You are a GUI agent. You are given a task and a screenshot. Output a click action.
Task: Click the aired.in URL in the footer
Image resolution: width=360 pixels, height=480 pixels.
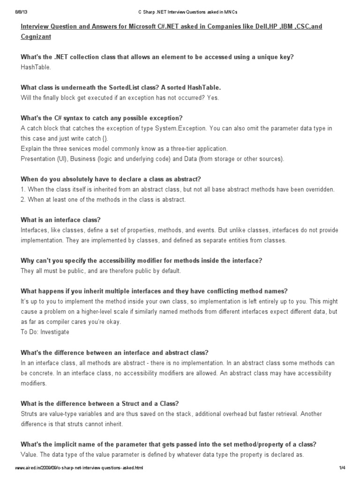(x=79, y=468)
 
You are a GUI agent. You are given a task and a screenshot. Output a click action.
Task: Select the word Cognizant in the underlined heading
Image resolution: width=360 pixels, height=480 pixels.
(x=36, y=36)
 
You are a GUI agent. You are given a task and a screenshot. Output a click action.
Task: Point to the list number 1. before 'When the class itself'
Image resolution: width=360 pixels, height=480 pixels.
(x=23, y=189)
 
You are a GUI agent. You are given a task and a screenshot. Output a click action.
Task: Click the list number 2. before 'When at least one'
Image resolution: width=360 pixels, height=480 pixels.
(x=23, y=200)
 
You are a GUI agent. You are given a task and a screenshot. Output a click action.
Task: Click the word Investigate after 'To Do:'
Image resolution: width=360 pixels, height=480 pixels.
(x=55, y=332)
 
